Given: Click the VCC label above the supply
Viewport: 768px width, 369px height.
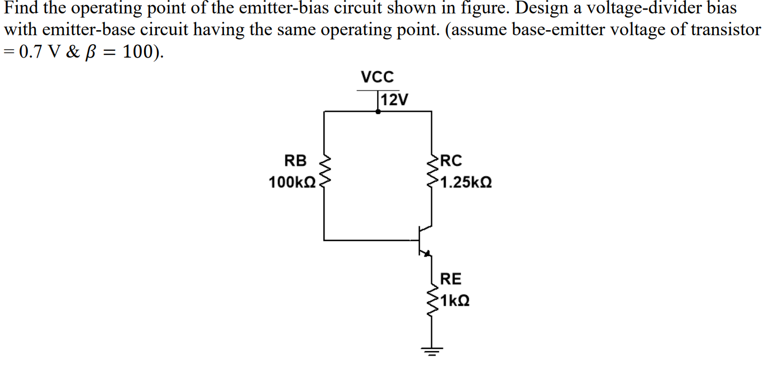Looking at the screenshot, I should [378, 77].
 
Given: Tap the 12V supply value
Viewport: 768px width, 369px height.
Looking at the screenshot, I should [394, 101].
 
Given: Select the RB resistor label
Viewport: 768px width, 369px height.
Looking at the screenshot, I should [296, 161].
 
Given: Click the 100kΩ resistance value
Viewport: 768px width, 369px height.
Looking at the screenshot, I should [292, 182].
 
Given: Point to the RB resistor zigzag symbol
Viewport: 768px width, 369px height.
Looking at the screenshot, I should [325, 171].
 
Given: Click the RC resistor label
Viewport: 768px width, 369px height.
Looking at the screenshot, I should [452, 161].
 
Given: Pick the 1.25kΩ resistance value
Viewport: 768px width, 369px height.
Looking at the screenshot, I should [466, 182].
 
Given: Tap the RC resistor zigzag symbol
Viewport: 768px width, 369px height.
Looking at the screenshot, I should [432, 171].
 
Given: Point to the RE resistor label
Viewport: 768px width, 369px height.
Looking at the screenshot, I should [451, 278].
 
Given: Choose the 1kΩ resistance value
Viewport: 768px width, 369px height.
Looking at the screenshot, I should [455, 300].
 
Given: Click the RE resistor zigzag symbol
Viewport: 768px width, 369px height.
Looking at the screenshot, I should [432, 302].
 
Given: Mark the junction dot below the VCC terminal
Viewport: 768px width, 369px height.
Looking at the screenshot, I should [378, 111].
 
